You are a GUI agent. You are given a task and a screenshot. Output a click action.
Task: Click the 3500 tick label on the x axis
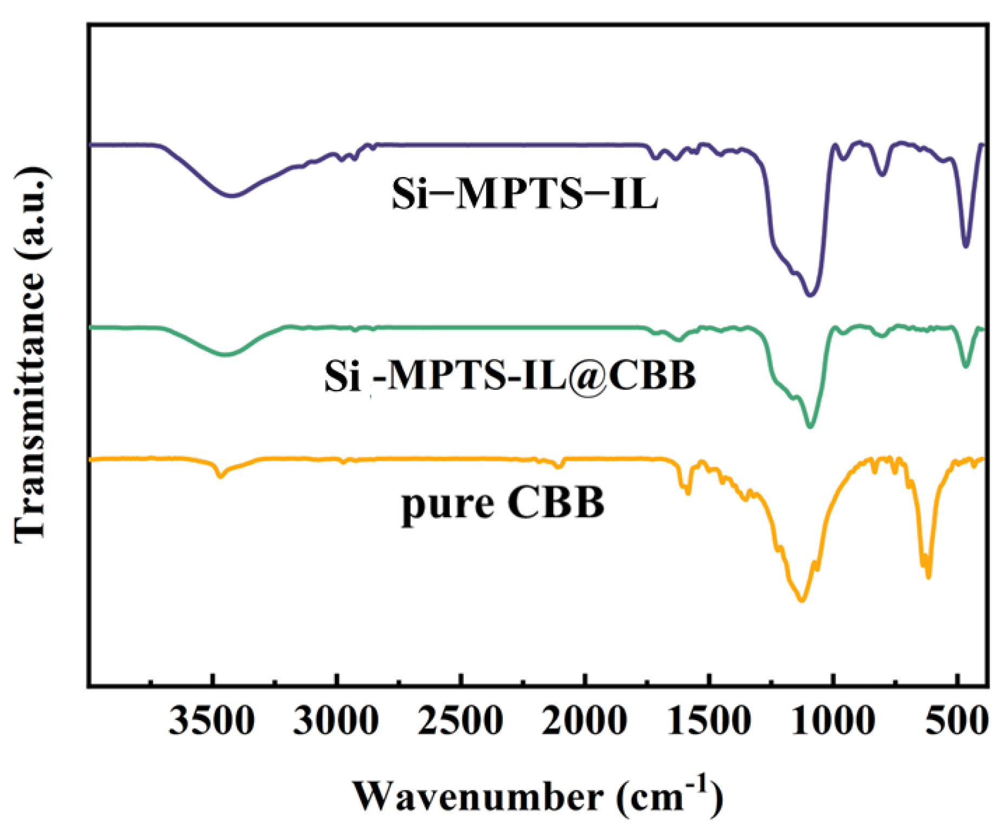(x=212, y=721)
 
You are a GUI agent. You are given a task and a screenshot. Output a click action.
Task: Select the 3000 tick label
(x=336, y=721)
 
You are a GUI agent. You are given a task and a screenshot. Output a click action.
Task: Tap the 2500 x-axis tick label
(x=461, y=721)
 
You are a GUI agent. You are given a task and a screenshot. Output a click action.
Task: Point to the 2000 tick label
(x=585, y=721)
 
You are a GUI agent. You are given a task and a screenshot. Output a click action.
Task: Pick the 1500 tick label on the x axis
(x=708, y=721)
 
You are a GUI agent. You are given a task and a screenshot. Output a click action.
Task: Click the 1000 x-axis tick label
(x=833, y=721)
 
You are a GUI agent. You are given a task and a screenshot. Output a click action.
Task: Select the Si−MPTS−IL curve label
(x=524, y=194)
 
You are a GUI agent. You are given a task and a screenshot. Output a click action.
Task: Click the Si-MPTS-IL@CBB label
(x=510, y=375)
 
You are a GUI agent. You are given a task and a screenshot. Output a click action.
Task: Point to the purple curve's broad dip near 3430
(x=232, y=195)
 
